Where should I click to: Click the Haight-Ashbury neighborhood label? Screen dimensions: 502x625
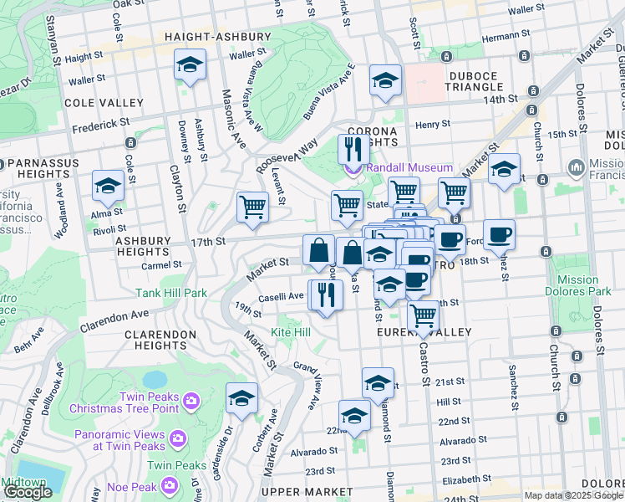click(218, 38)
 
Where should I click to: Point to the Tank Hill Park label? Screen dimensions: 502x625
click(171, 294)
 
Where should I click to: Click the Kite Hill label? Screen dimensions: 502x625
click(291, 333)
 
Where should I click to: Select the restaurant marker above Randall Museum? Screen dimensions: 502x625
click(353, 149)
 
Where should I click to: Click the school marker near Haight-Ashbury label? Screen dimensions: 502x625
click(190, 65)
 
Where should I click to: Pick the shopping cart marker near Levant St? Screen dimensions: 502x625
click(252, 206)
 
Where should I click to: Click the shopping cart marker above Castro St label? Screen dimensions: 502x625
click(424, 316)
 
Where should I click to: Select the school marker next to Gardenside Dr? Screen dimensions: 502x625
click(241, 398)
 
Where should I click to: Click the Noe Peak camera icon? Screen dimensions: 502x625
click(170, 484)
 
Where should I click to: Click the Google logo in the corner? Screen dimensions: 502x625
click(28, 493)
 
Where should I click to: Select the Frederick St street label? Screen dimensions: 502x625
click(100, 121)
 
